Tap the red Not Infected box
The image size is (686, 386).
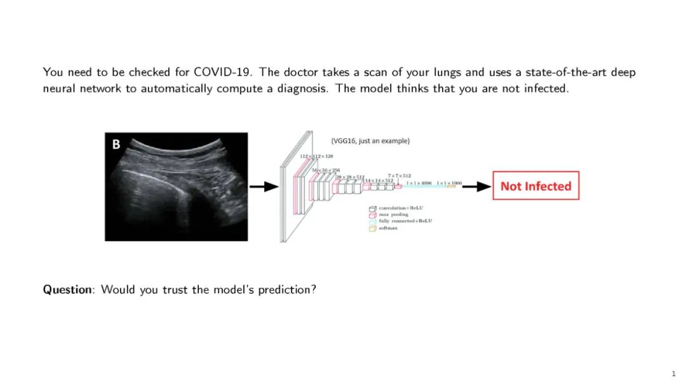pyautogui.click(x=535, y=186)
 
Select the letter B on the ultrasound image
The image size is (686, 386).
pyautogui.click(x=116, y=145)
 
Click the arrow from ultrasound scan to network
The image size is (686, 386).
pyautogui.click(x=264, y=186)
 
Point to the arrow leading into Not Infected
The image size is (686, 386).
pyautogui.click(x=476, y=186)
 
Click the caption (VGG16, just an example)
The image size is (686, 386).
pyautogui.click(x=370, y=141)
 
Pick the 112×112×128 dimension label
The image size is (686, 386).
pyautogui.click(x=316, y=156)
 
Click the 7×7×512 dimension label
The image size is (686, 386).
pyautogui.click(x=400, y=175)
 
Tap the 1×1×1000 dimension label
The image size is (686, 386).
pyautogui.click(x=448, y=183)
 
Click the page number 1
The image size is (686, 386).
pyautogui.click(x=673, y=374)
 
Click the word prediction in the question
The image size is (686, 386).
pyautogui.click(x=286, y=289)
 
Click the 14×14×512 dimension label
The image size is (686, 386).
pyautogui.click(x=379, y=180)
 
